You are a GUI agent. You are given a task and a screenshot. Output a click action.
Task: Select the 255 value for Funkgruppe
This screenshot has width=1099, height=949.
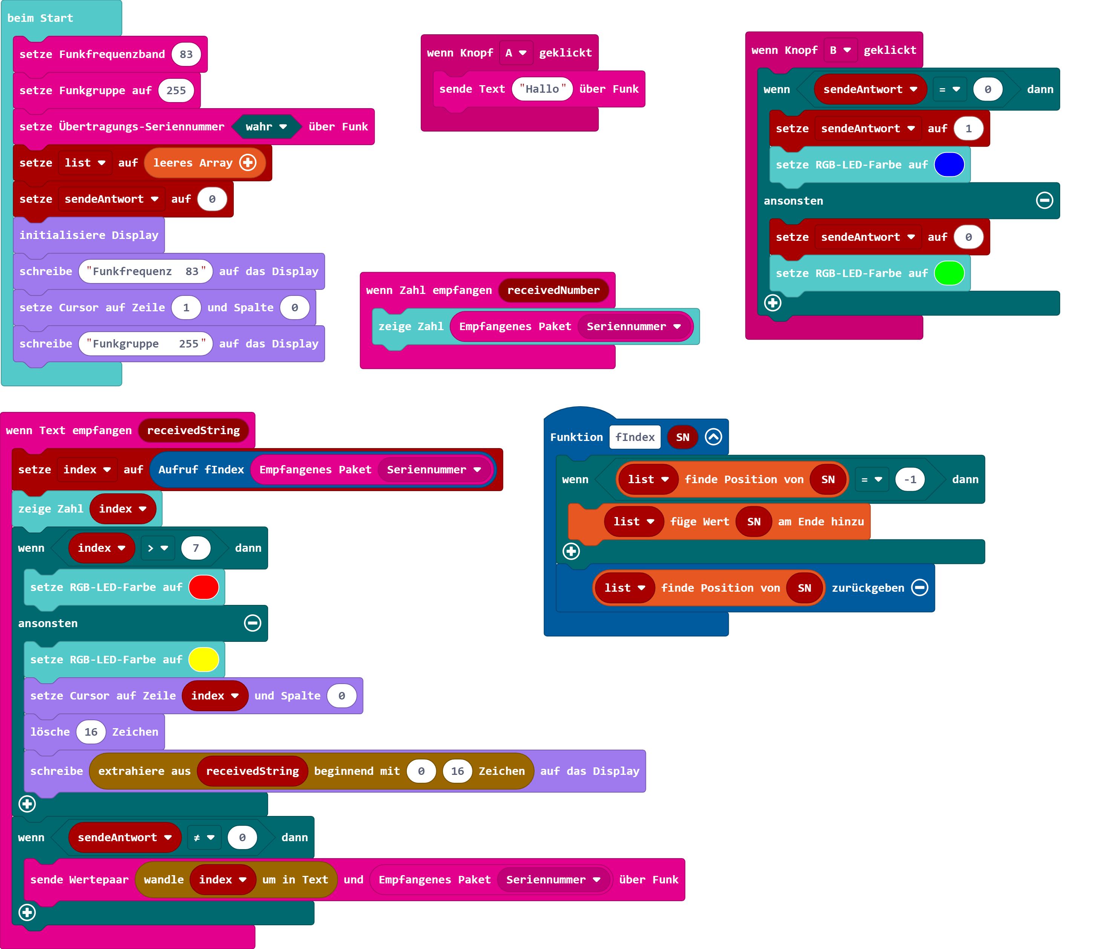[x=176, y=91]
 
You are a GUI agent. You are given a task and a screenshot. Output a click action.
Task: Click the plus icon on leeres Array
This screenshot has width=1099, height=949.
[x=248, y=163]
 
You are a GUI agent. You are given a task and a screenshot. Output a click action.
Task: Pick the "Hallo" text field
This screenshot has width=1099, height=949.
[x=542, y=89]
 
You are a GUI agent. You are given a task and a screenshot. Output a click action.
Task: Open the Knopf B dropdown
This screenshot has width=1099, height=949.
[x=840, y=51]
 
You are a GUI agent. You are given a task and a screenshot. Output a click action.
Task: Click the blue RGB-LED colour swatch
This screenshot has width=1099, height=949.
[x=949, y=165]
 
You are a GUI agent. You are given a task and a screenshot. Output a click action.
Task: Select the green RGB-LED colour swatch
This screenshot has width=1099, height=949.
[x=949, y=274]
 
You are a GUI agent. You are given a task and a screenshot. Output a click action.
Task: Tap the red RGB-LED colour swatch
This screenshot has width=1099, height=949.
[x=204, y=588]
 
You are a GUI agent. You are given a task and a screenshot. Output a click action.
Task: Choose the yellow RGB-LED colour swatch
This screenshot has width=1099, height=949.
[x=204, y=660]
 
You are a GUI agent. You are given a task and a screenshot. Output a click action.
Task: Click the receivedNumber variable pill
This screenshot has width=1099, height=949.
[x=553, y=291]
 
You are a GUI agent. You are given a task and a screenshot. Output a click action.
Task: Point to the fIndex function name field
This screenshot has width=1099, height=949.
[x=635, y=438]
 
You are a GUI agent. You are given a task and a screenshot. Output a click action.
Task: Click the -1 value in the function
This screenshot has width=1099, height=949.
[x=910, y=480]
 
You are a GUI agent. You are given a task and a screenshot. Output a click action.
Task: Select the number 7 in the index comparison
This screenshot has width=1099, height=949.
[x=196, y=548]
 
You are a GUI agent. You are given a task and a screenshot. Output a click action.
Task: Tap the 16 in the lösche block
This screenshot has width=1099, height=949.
[x=91, y=732]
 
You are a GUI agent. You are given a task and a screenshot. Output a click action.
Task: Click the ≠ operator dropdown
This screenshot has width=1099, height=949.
[x=204, y=838]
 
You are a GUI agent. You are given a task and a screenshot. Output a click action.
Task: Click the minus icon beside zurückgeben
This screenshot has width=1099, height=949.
[x=920, y=588]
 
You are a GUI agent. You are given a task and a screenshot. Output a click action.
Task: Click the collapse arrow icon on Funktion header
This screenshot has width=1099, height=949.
[x=713, y=438]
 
